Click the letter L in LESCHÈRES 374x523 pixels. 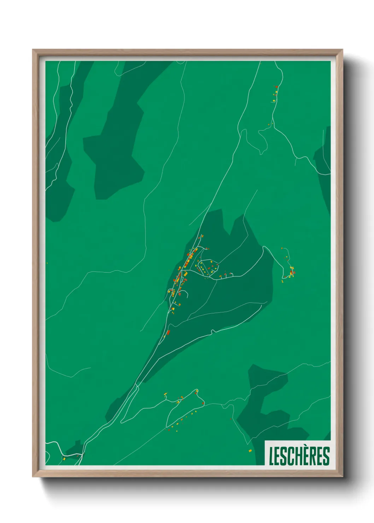tap(271, 456)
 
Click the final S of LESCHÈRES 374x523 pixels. tap(326, 456)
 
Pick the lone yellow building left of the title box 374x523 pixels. tap(250, 450)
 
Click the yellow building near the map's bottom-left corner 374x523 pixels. tap(64, 459)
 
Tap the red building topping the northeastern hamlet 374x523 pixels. tap(276, 87)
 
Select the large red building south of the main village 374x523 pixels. tap(168, 332)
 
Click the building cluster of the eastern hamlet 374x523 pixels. tap(292, 272)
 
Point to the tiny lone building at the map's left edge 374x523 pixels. tap(47, 263)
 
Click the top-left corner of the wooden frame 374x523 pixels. tap(33, 50)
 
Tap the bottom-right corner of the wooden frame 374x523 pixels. tap(343, 477)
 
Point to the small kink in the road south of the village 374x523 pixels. tap(212, 331)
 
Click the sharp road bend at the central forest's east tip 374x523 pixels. tap(263, 247)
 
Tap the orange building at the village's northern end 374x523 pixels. tap(202, 236)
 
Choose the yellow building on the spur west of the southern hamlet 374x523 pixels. tap(165, 394)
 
